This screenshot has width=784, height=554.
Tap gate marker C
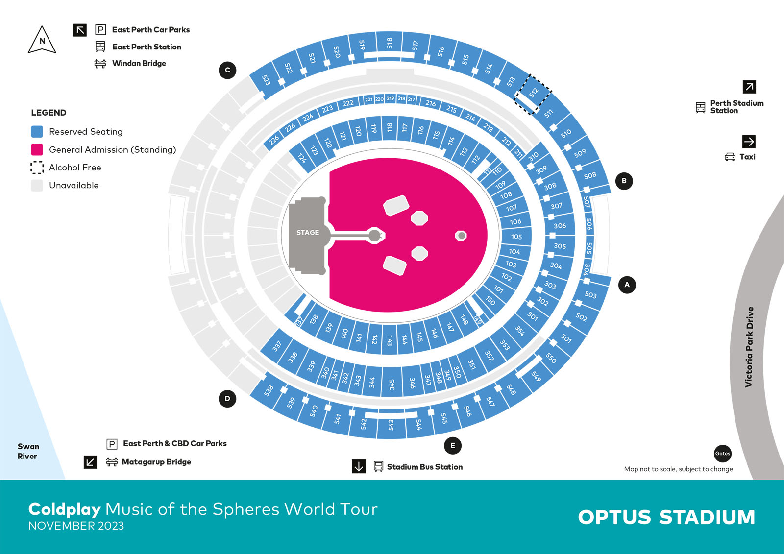tap(227, 70)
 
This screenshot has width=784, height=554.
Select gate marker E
tap(453, 445)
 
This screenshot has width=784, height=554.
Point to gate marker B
tap(624, 181)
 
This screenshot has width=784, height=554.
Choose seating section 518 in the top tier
tap(390, 43)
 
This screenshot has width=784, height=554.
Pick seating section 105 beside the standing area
tap(516, 237)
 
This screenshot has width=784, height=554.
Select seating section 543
tap(391, 424)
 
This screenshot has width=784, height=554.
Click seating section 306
tap(560, 226)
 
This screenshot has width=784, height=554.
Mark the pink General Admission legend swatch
tap(37, 149)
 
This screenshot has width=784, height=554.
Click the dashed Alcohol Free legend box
tap(37, 168)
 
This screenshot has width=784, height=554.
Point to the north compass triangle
tap(42, 41)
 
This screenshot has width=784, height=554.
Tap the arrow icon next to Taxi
tap(749, 142)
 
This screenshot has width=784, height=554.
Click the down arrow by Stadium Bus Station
tap(359, 466)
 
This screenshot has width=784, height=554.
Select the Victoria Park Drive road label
tap(749, 347)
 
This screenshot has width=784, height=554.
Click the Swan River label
tap(28, 451)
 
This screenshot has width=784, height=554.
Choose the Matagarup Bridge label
tap(156, 462)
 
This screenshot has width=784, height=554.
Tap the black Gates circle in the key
tap(723, 453)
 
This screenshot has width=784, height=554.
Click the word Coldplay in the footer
tap(64, 509)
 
